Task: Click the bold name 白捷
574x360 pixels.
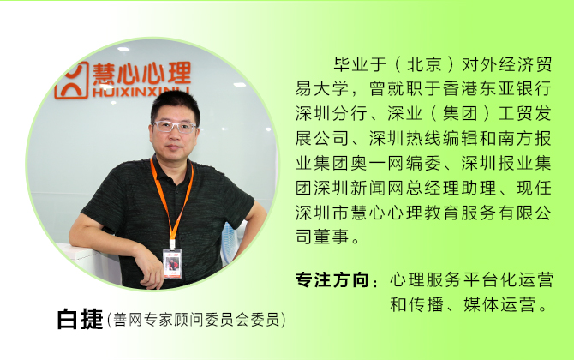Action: pyautogui.click(x=80, y=319)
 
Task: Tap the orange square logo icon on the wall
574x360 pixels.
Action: pyautogui.click(x=72, y=81)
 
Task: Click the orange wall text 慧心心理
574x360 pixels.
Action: pyautogui.click(x=141, y=74)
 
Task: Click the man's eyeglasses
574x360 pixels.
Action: pyautogui.click(x=175, y=127)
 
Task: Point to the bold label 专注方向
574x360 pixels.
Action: pyautogui.click(x=332, y=280)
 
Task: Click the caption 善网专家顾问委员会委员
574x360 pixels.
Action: pyautogui.click(x=196, y=320)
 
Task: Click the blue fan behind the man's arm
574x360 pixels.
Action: pyautogui.click(x=229, y=241)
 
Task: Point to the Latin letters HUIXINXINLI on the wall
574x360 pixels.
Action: pyautogui.click(x=141, y=92)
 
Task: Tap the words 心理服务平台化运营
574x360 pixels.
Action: pyautogui.click(x=471, y=280)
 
